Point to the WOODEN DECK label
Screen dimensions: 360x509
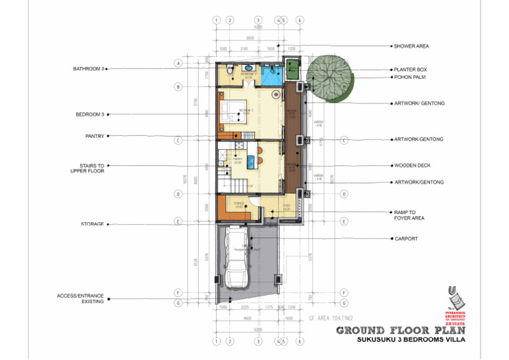coord(412,165)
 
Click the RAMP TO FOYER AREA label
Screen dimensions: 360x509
coord(408,215)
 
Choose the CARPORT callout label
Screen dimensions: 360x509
coord(406,239)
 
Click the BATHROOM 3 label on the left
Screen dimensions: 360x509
coord(89,68)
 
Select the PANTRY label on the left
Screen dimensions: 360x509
coord(95,136)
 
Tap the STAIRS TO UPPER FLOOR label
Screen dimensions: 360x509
coord(87,168)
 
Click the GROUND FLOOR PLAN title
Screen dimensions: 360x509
coord(400,330)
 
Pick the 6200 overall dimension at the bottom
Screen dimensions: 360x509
coord(257,329)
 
